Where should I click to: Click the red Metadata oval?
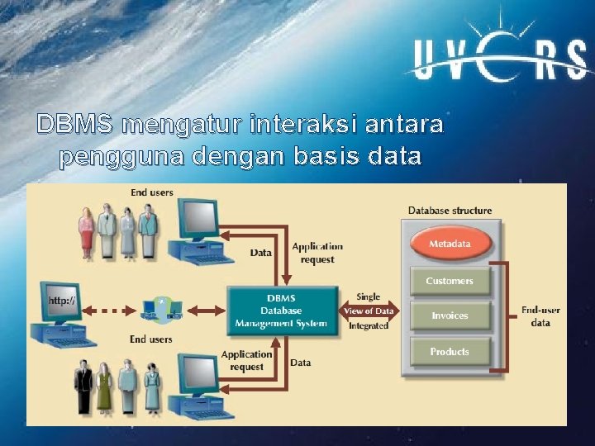click(450, 244)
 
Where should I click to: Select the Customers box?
click(450, 282)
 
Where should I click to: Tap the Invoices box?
click(450, 316)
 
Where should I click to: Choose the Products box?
click(450, 352)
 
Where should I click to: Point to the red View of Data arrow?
click(369, 311)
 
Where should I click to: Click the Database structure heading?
click(450, 211)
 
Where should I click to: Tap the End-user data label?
click(540, 316)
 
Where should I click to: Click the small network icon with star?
click(161, 308)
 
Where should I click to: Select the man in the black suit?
click(83, 387)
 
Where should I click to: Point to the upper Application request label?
click(317, 253)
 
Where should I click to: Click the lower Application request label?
click(246, 361)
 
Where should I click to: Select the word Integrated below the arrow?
click(369, 326)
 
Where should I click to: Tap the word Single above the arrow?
click(369, 296)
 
